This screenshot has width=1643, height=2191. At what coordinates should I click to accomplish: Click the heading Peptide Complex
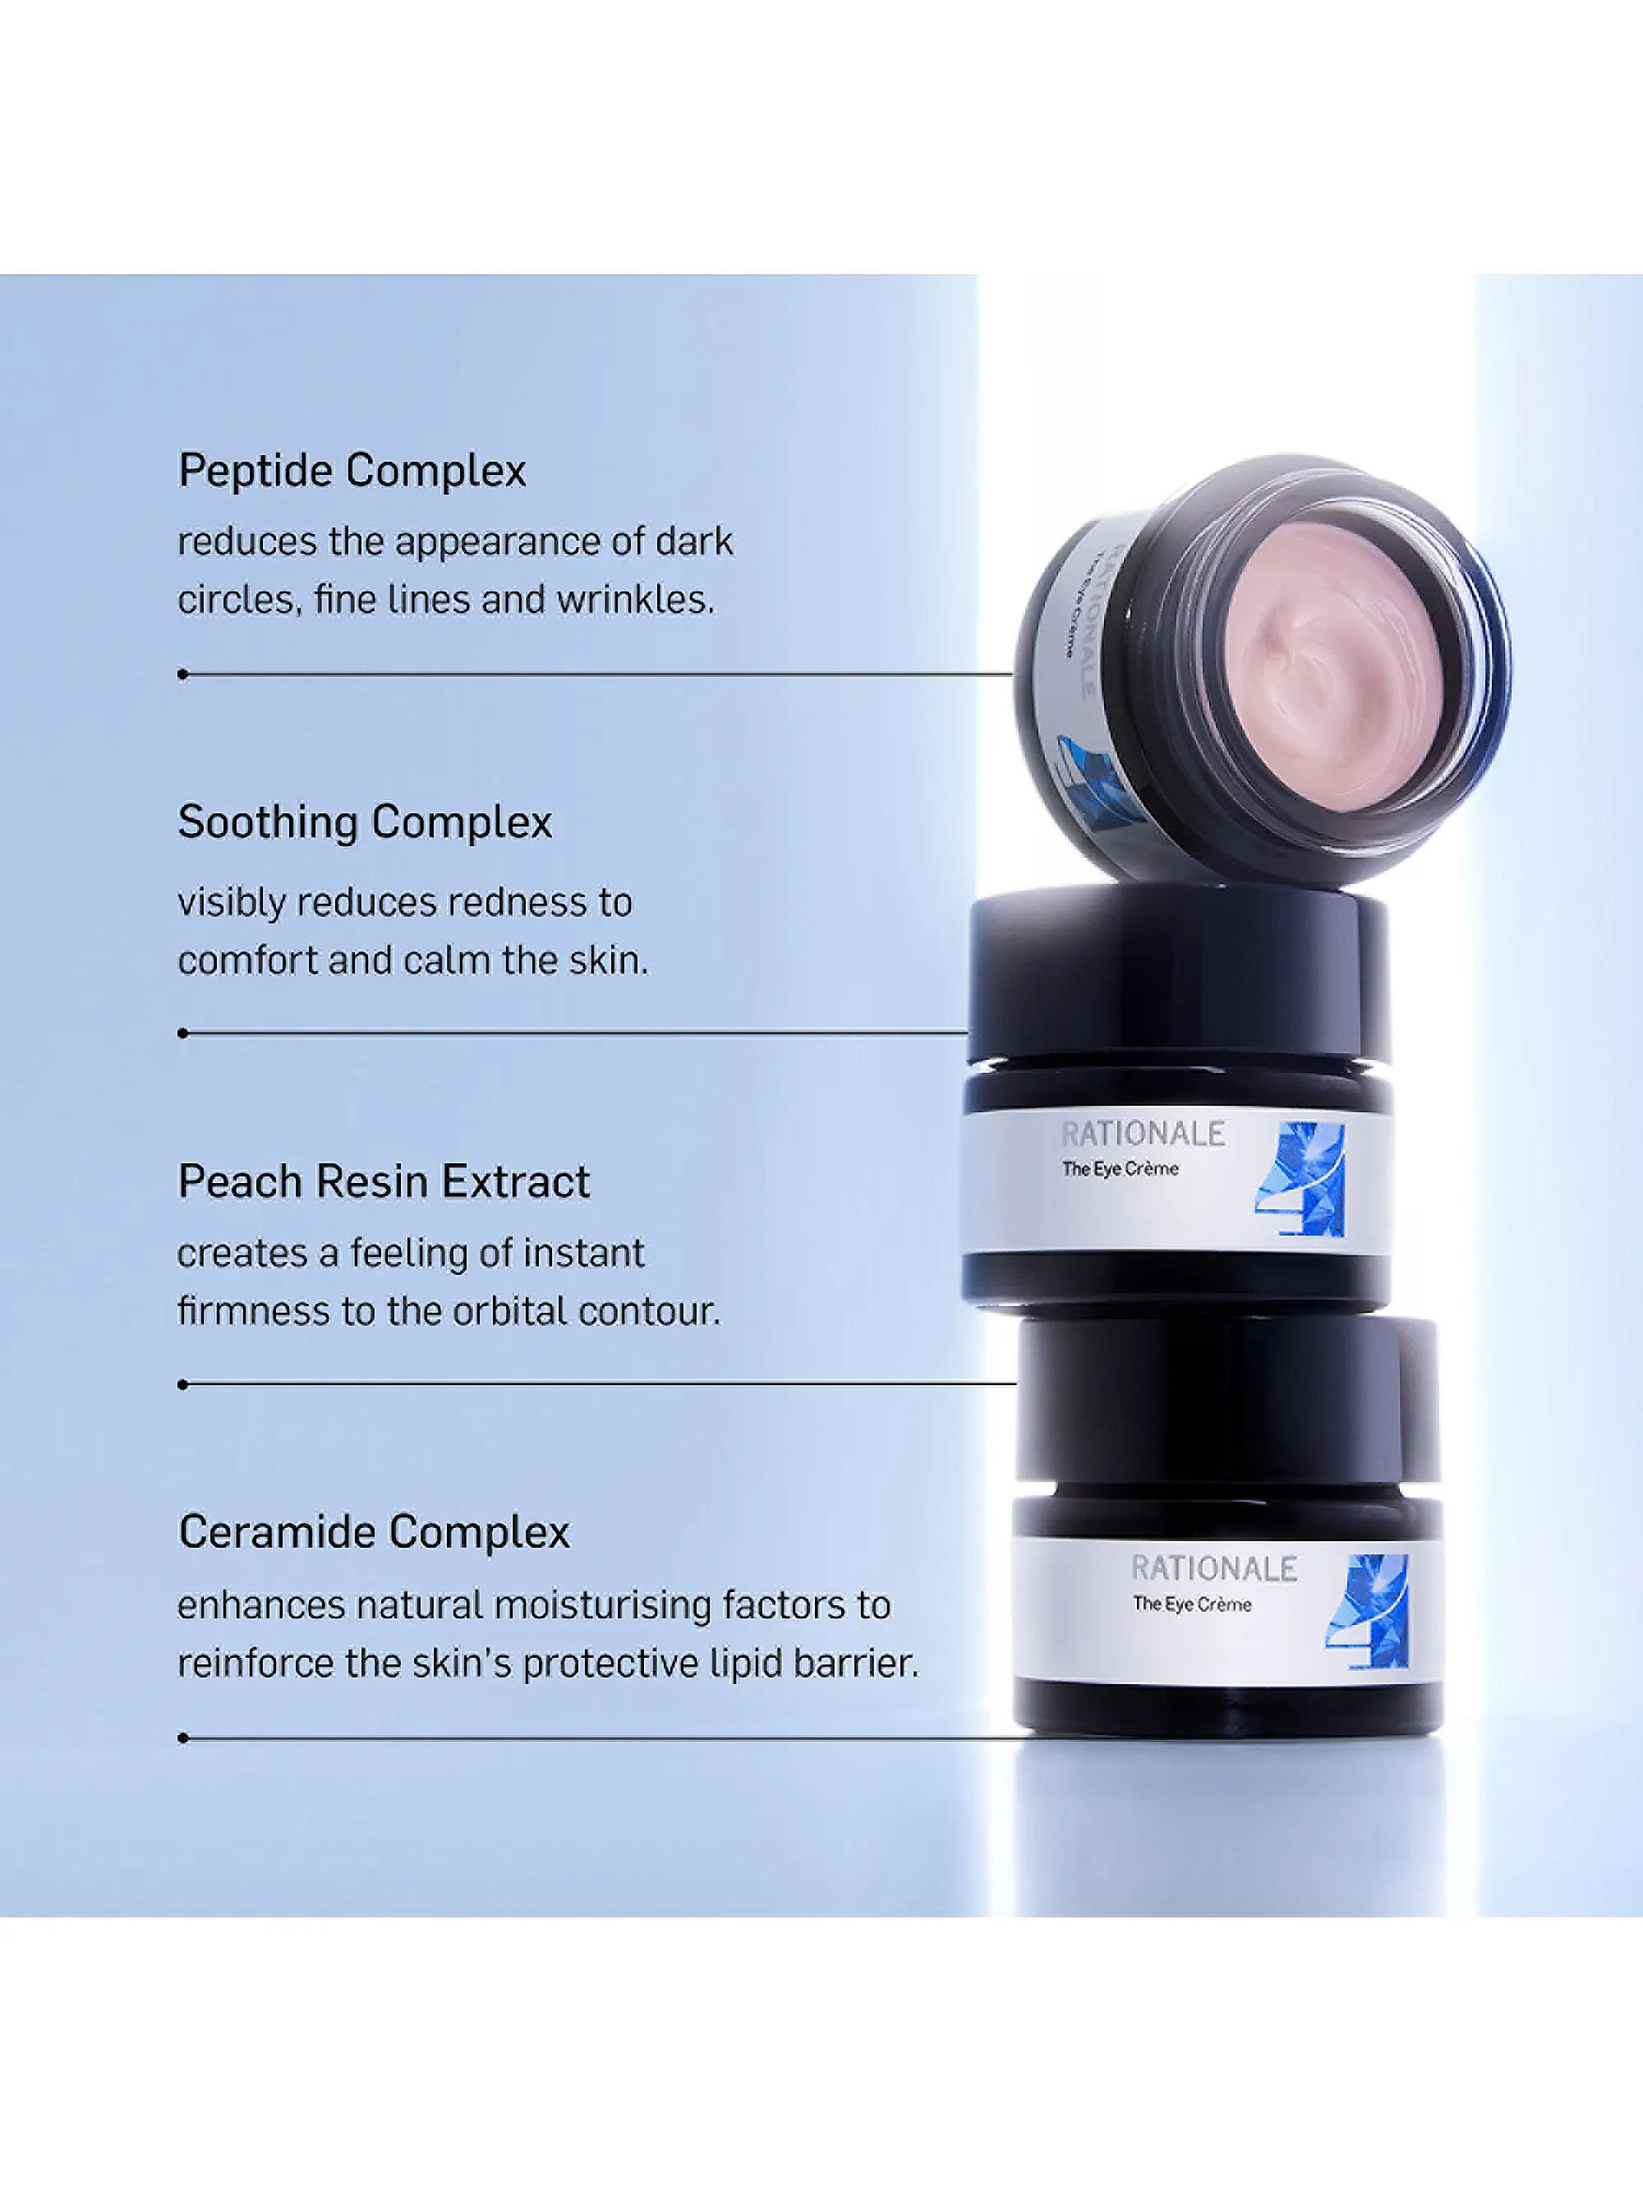352,472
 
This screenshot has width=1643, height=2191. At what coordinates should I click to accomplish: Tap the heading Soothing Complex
365,823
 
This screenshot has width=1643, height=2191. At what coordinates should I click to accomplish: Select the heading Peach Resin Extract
384,1181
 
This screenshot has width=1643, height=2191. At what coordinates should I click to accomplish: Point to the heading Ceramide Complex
373,1532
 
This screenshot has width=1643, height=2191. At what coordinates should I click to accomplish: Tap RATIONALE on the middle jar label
1143,1135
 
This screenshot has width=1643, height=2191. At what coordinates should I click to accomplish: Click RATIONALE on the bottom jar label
1213,1569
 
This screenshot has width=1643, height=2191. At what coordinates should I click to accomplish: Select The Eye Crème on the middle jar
1120,1169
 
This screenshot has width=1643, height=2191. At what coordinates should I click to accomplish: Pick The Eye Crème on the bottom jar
1191,1604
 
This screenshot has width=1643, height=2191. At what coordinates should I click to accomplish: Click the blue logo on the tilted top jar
1089,782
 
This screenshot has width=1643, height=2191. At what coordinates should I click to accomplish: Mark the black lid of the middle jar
1179,976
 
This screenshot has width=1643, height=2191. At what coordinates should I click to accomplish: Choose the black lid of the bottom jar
1228,1406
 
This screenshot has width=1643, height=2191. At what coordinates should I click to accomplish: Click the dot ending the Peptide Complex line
183,674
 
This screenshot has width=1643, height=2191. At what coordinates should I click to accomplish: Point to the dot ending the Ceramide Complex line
183,1738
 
